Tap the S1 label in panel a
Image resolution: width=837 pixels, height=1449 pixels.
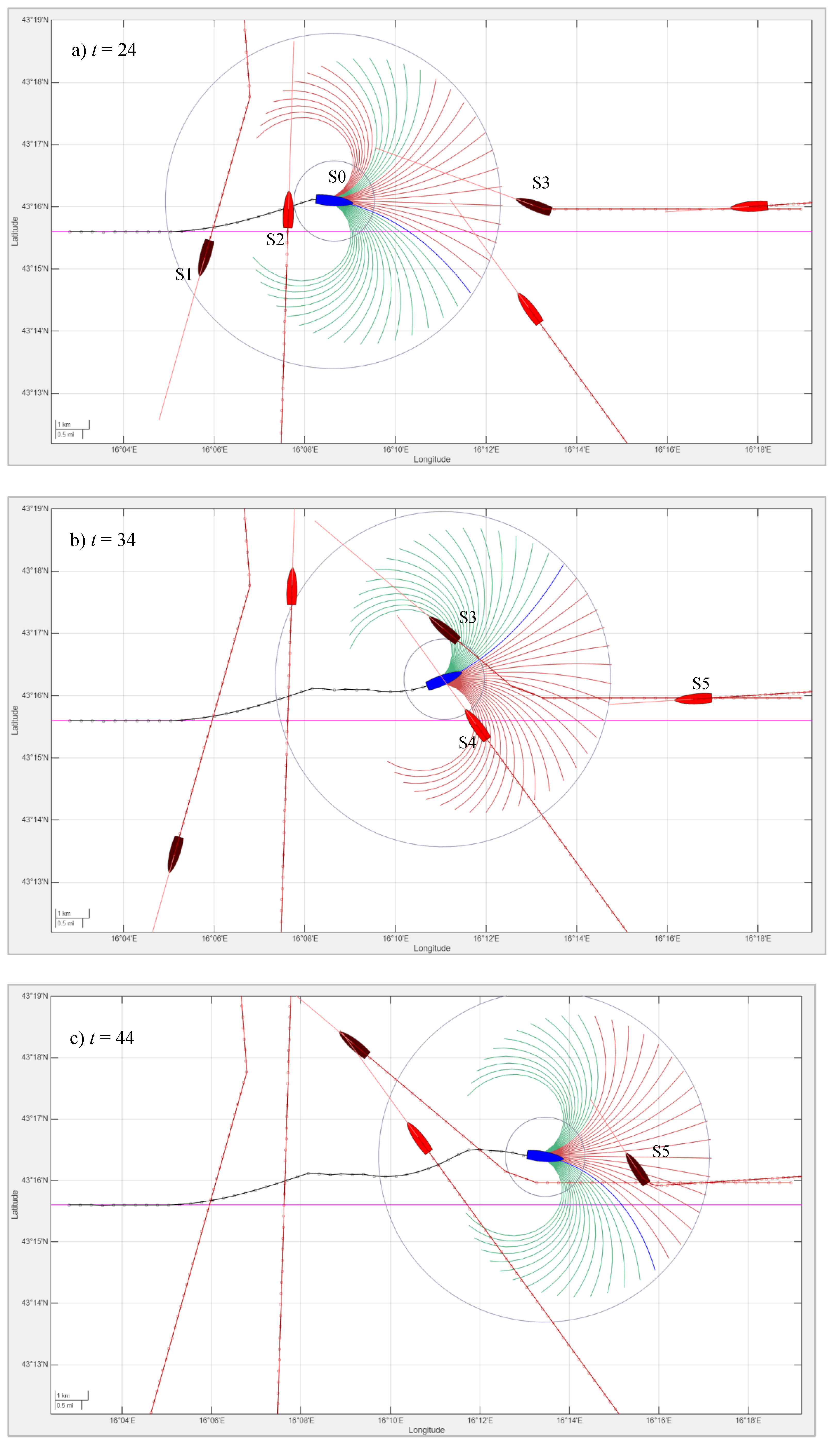coord(183,274)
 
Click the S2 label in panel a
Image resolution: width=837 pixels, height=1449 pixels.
coord(275,239)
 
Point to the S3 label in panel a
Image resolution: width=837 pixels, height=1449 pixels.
coord(540,183)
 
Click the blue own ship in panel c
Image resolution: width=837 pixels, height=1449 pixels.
coord(544,1155)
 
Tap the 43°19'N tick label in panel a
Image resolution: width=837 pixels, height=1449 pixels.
coord(35,20)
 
